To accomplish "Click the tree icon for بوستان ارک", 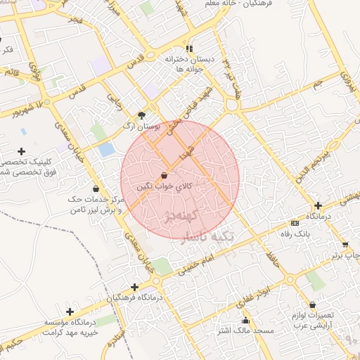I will click(142, 115).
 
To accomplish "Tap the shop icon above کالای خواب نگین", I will click(164, 175).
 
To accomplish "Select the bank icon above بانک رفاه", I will click(295, 223).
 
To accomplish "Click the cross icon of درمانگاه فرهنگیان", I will click(134, 287).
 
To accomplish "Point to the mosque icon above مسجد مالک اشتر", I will click(245, 321).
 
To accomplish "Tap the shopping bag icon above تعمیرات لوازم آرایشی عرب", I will click(311, 305).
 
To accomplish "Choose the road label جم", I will click(317, 83).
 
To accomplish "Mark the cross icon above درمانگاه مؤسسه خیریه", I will click(70, 311).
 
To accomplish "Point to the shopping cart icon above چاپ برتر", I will click(345, 244).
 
